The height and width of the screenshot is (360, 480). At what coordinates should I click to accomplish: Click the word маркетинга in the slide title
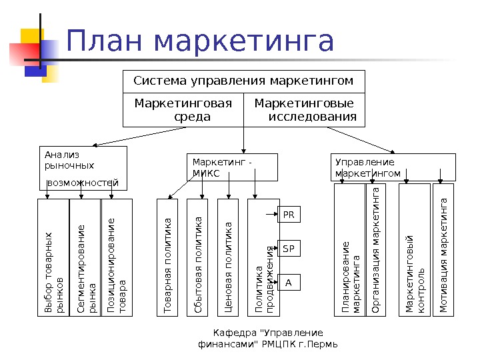tap(243, 42)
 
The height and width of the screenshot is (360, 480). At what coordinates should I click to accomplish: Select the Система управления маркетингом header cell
tap(243, 81)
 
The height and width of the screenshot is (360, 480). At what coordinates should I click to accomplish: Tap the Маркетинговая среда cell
tap(183, 110)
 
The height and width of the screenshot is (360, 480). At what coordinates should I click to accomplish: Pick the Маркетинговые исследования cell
tap(305, 110)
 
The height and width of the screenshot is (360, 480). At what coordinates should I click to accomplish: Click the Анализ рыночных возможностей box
tap(81, 168)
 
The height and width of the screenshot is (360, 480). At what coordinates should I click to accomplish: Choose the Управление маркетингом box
tap(393, 167)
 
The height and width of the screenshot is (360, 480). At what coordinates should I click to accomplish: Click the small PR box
tap(289, 215)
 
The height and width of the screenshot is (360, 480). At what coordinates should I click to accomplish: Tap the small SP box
tap(289, 249)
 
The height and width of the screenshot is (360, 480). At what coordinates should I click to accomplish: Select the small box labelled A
tap(289, 283)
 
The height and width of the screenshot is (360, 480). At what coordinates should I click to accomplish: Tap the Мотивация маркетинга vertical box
tap(443, 256)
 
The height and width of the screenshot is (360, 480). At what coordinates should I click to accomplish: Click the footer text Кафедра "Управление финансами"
tap(268, 339)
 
